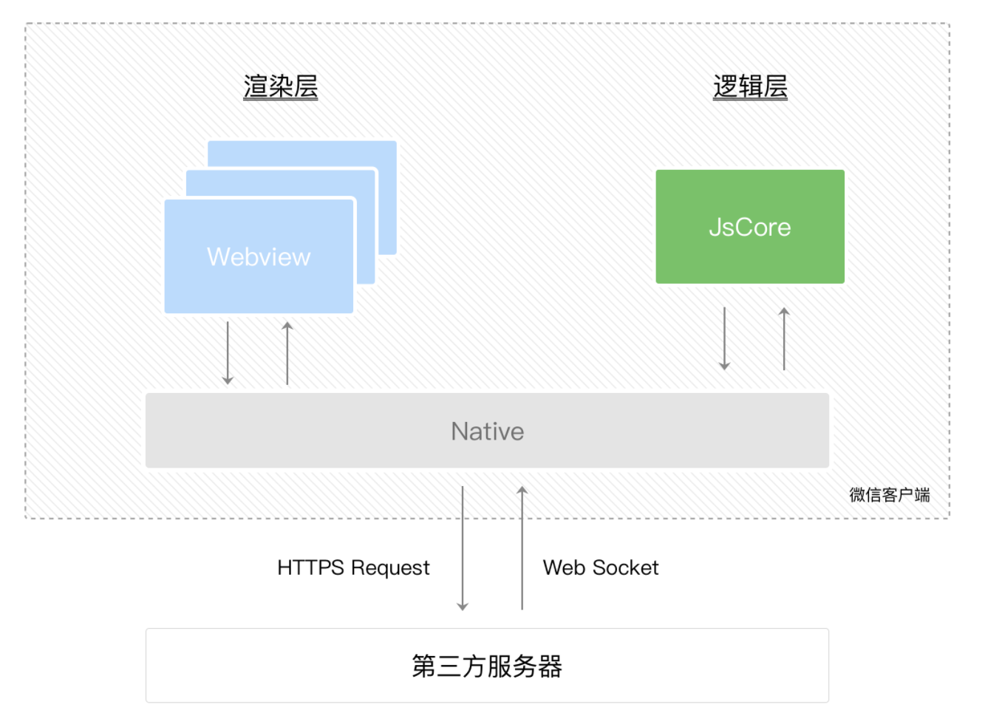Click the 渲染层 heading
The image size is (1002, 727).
pos(280,86)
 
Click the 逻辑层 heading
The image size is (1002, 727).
pos(750,86)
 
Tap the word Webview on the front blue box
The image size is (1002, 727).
pos(259,256)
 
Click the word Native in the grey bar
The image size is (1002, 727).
pos(487,431)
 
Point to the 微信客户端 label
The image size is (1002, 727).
pos(889,494)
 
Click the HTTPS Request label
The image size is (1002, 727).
pos(352,567)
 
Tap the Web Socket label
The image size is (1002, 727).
pos(600,567)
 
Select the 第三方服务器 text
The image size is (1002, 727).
pos(487,666)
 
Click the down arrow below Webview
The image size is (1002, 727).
pos(228,353)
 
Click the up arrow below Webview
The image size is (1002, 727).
pos(287,353)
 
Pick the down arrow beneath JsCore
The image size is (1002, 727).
pos(724,338)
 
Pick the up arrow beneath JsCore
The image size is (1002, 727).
pos(784,338)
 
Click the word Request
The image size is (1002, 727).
pos(389,567)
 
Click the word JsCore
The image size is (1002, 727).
pos(749,227)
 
